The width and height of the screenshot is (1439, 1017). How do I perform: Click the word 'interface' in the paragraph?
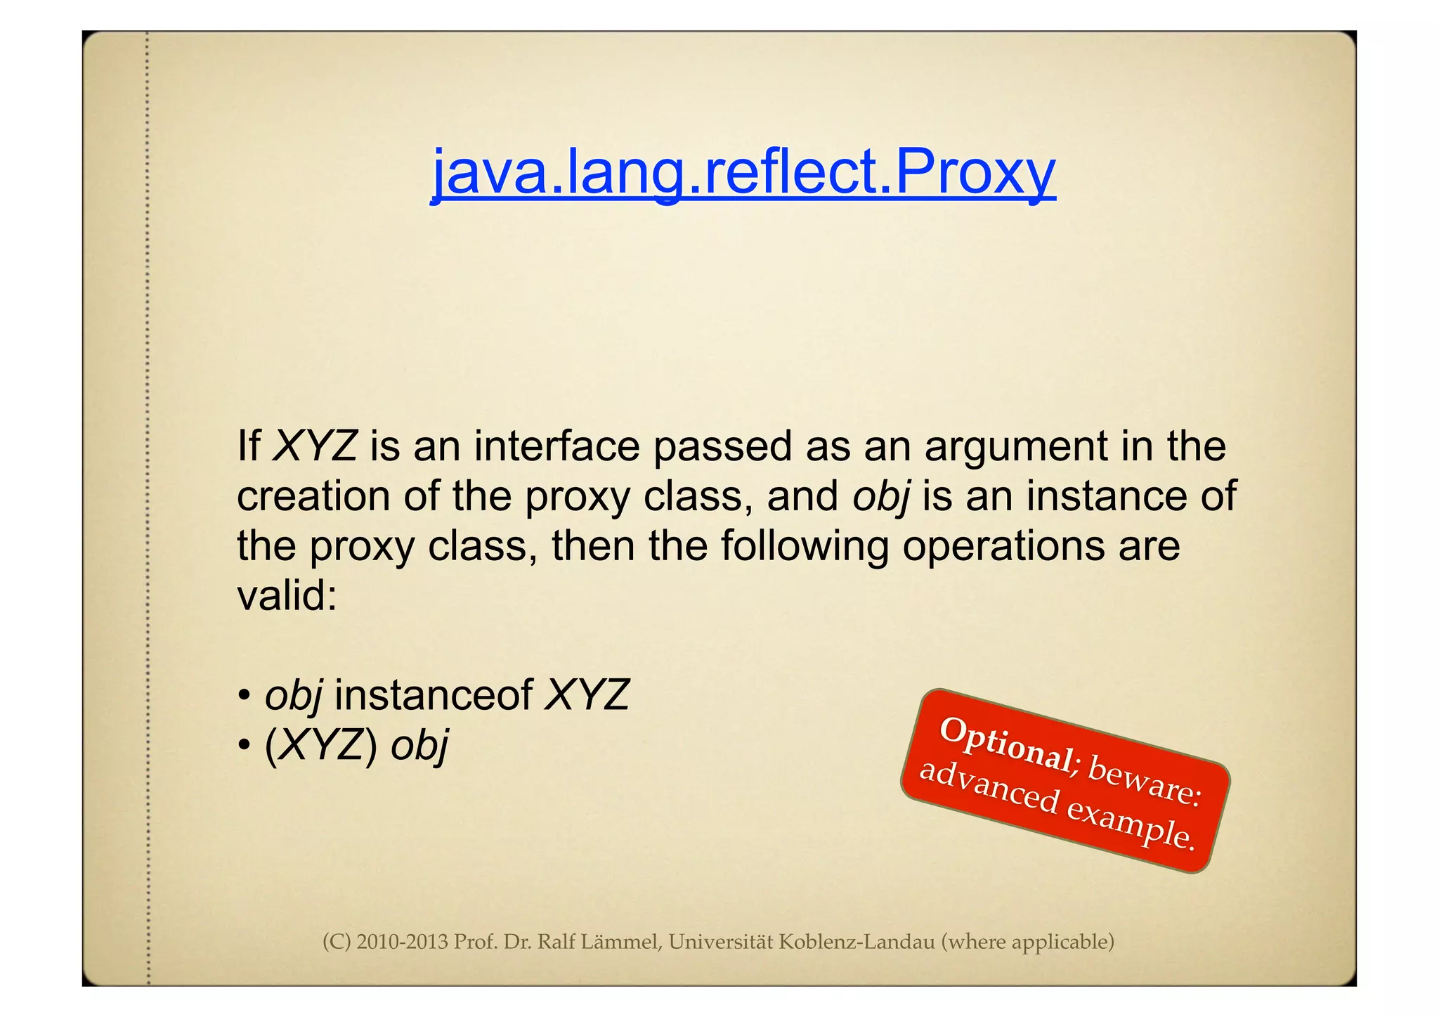point(556,446)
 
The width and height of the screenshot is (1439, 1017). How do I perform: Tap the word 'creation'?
point(313,496)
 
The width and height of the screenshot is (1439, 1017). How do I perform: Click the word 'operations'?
point(1003,547)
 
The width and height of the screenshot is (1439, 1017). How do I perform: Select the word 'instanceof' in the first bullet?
point(434,695)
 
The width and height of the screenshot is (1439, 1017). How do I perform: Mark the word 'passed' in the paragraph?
point(722,448)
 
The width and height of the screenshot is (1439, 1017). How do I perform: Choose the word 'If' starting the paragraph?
point(248,446)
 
